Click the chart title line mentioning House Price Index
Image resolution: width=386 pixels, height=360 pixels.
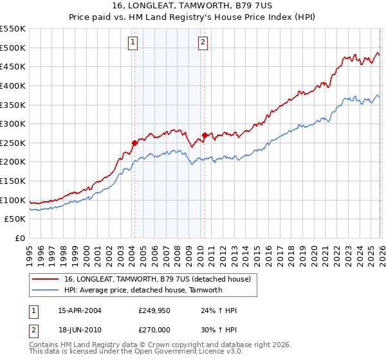tap(193, 18)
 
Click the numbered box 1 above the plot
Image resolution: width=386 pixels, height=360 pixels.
tap(133, 43)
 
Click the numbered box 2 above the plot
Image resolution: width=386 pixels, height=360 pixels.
tap(203, 43)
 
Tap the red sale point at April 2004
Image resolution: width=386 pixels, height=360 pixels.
tap(134, 143)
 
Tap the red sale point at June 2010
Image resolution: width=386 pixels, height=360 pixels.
tap(205, 135)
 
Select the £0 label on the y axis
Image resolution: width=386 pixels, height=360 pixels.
tap(19, 239)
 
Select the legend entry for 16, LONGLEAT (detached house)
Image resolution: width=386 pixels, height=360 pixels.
tap(161, 278)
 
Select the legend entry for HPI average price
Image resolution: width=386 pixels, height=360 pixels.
tap(143, 290)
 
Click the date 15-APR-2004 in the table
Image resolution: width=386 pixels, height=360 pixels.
tap(80, 310)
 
